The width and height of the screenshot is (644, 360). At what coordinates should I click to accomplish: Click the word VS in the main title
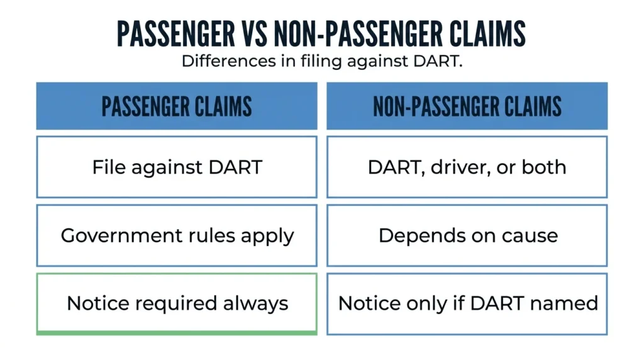[254, 33]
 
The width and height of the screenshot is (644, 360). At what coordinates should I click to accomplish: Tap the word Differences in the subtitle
[228, 61]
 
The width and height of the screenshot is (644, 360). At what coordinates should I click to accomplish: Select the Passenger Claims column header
[177, 106]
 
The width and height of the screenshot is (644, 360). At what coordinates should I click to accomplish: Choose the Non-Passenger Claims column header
[467, 106]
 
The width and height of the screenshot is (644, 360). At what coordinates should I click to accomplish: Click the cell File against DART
[177, 167]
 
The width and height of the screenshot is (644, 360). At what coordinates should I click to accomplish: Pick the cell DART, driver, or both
[467, 167]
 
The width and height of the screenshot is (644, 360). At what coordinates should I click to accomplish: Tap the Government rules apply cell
[177, 235]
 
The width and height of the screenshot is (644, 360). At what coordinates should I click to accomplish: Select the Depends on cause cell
[467, 235]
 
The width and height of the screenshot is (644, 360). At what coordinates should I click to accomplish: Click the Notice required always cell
[177, 304]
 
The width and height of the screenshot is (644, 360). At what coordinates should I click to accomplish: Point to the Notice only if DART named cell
[467, 304]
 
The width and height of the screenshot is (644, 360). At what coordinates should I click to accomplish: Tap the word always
[255, 304]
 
